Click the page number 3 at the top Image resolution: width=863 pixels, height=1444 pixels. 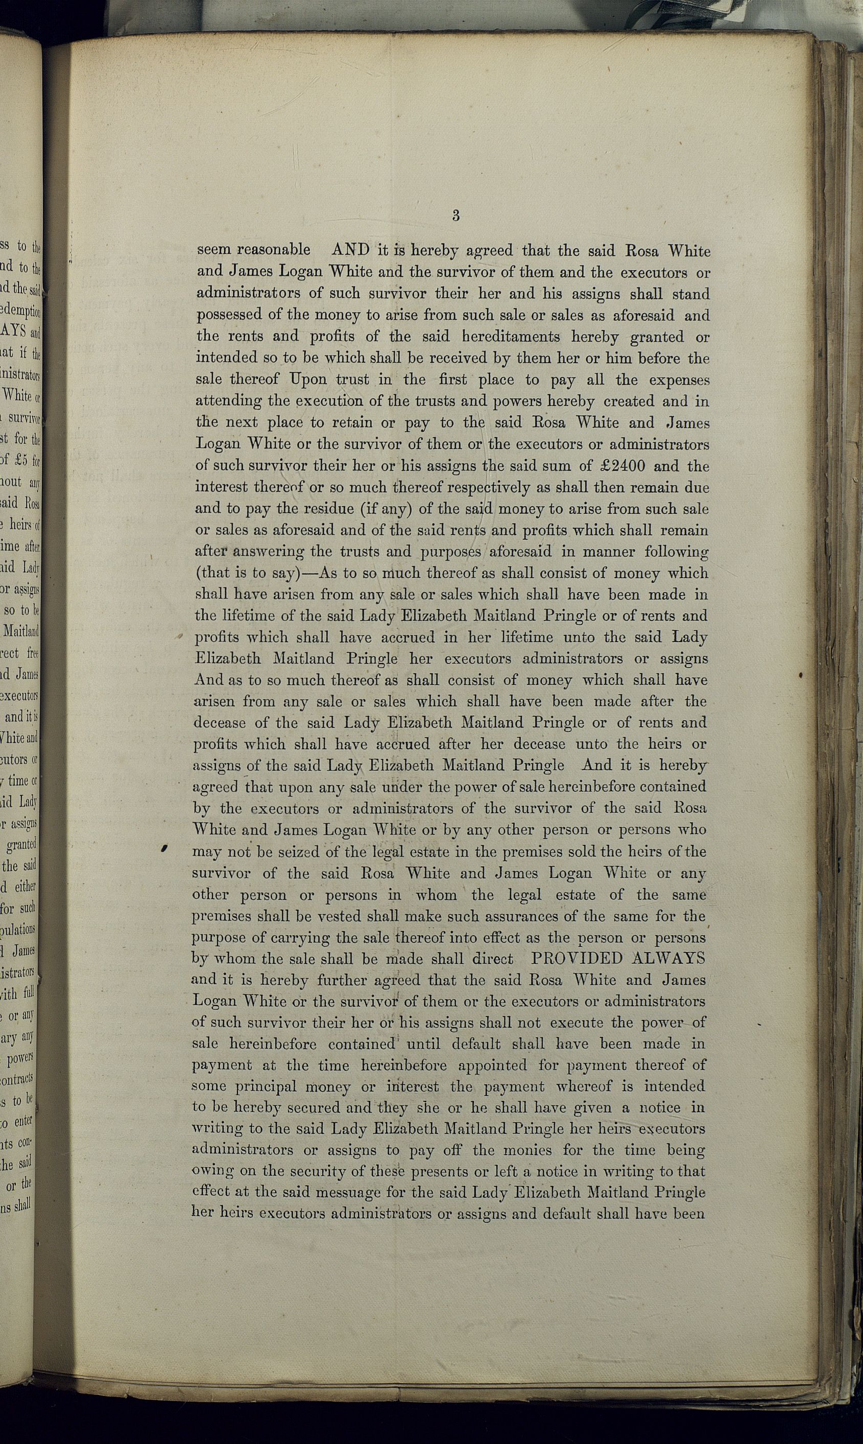click(456, 216)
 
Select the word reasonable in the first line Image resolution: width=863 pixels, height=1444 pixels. click(274, 250)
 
